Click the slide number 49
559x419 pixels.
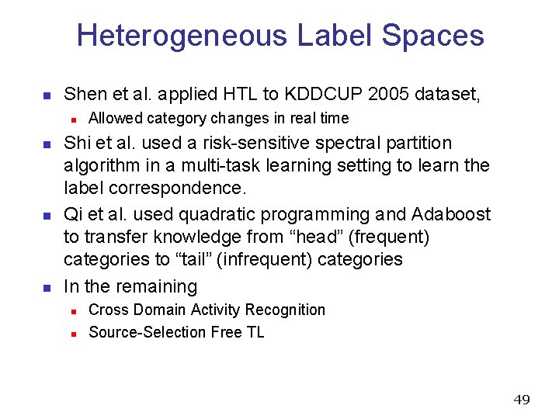pyautogui.click(x=522, y=400)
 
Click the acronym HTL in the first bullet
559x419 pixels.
pyautogui.click(x=239, y=95)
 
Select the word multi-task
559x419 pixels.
pyautogui.click(x=225, y=166)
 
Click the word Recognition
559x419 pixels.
pyautogui.click(x=286, y=310)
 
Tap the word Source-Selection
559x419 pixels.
pyautogui.click(x=148, y=332)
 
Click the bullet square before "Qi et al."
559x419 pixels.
pyautogui.click(x=47, y=215)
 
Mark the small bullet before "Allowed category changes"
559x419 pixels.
pyautogui.click(x=72, y=119)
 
